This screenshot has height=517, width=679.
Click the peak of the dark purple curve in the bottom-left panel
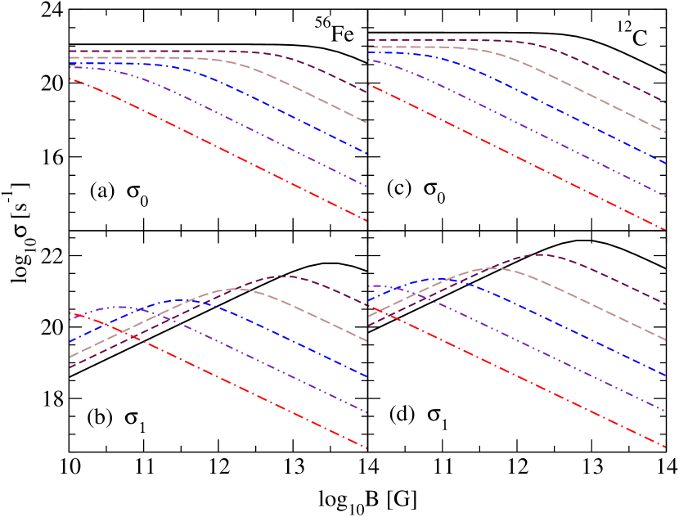[281, 276]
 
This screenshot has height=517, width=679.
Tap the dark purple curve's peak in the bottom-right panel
[540, 254]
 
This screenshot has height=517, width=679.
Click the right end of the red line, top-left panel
[366, 221]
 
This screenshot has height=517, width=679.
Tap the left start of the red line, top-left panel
[70, 79]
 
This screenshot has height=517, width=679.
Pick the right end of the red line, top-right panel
[665, 230]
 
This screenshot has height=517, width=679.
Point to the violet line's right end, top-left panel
[366, 187]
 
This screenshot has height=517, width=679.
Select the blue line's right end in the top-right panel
[665, 164]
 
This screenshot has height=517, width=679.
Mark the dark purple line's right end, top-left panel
[366, 92]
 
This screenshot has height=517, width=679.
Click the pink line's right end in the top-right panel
[665, 132]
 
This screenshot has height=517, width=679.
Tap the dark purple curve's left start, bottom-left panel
[70, 367]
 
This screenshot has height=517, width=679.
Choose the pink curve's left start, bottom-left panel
[70, 357]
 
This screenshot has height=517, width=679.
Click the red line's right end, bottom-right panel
[665, 447]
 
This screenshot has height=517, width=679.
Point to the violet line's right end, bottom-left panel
[366, 413]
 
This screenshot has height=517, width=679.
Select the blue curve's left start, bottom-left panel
[70, 341]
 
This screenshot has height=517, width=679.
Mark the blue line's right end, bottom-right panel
[665, 375]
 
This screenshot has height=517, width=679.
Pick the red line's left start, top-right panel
[369, 84]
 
